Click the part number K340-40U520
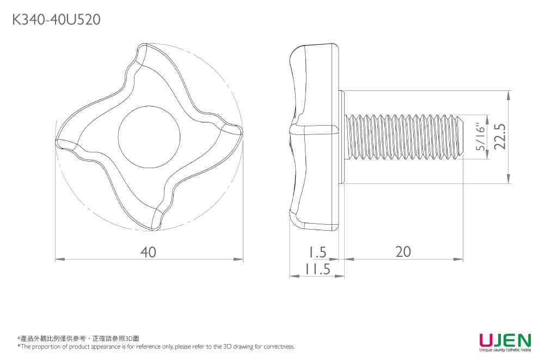[55, 20]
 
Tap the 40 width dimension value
[148, 252]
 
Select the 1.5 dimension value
[316, 252]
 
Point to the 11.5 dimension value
[317, 269]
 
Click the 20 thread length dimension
[403, 251]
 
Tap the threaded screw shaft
[403, 137]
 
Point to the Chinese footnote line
[78, 339]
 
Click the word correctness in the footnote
[278, 347]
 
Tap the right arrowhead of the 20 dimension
[461, 259]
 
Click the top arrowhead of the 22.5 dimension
[509, 94]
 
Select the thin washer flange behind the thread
[343, 137]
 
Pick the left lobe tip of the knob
[61, 143]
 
